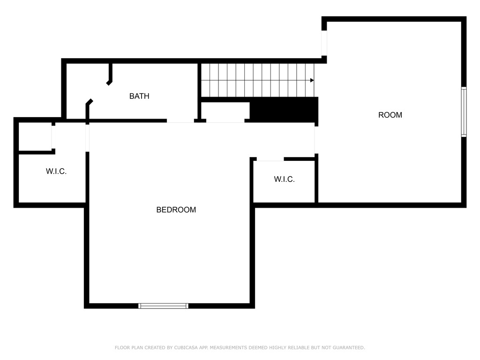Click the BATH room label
click(139, 96)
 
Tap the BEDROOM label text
click(176, 210)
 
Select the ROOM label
click(390, 115)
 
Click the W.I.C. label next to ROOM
click(285, 180)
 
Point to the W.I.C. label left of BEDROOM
click(56, 172)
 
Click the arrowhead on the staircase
click(312, 81)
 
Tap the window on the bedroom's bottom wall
click(164, 306)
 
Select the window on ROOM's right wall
click(464, 112)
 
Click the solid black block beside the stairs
click(284, 110)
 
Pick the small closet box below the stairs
click(225, 112)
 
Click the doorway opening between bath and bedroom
click(180, 121)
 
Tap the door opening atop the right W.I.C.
click(270, 159)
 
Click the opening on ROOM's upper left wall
click(324, 43)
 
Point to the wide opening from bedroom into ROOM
click(316, 140)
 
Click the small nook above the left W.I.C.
click(35, 136)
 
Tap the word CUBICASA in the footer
click(186, 348)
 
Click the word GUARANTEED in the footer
click(349, 348)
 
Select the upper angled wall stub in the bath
click(110, 74)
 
